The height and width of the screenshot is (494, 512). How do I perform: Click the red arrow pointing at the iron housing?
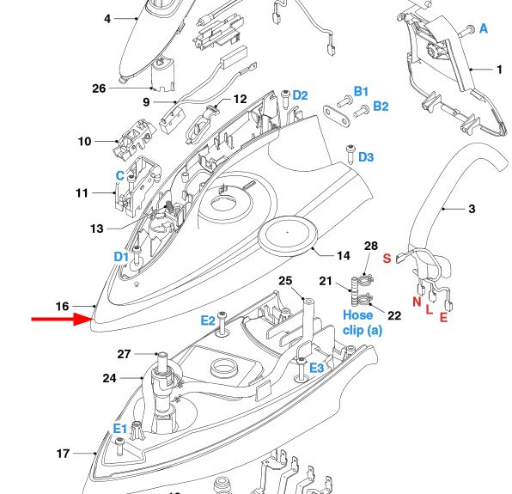[62, 319]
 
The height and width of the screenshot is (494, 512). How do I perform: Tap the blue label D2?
[300, 95]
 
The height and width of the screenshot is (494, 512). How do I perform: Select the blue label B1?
[361, 91]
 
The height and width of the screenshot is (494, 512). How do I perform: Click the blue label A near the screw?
[484, 28]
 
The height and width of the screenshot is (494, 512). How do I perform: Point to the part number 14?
[343, 256]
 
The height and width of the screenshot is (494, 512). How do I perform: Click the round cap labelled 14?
[287, 233]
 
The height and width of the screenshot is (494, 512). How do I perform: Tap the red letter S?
[387, 259]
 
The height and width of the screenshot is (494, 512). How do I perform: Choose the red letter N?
[417, 302]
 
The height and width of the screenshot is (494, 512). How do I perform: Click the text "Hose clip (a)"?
[363, 322]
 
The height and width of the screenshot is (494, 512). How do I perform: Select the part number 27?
[124, 354]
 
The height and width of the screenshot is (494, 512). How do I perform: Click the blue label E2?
[208, 320]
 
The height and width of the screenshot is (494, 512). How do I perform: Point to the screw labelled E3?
[301, 369]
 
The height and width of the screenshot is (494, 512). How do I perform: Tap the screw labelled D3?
[350, 154]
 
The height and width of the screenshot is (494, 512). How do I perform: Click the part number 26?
[99, 88]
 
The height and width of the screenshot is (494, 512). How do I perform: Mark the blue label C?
[119, 175]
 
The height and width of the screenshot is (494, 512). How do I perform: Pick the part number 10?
[84, 142]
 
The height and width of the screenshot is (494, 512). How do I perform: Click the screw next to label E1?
[119, 446]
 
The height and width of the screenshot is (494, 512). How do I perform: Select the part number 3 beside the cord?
[472, 209]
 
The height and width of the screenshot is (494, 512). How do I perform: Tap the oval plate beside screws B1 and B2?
[337, 116]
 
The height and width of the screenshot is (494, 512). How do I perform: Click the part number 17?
[63, 454]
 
